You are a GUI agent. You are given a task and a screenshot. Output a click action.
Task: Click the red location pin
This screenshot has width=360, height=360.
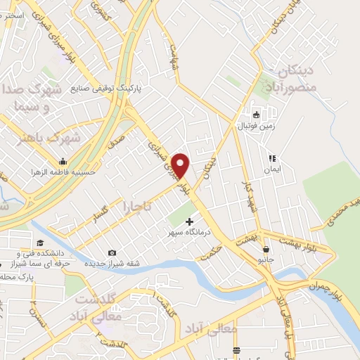pyautogui.click(x=181, y=165)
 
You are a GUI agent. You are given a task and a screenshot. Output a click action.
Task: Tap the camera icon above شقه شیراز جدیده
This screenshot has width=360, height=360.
pyautogui.click(x=112, y=253)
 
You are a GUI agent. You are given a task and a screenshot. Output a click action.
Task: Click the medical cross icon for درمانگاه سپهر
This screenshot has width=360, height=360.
pyautogui.click(x=188, y=222)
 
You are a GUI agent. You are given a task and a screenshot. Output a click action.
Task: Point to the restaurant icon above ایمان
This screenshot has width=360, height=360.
pyautogui.click(x=271, y=159)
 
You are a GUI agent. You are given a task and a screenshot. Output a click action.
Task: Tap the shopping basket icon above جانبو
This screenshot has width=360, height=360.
pyautogui.click(x=266, y=249)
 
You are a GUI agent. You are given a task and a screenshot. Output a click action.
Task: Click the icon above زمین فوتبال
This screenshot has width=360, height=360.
pyautogui.click(x=257, y=115)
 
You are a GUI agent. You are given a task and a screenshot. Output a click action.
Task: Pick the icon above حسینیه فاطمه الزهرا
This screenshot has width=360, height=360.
pyautogui.click(x=63, y=161)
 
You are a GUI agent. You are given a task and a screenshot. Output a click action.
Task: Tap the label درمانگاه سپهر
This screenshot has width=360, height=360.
pyautogui.click(x=188, y=233)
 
